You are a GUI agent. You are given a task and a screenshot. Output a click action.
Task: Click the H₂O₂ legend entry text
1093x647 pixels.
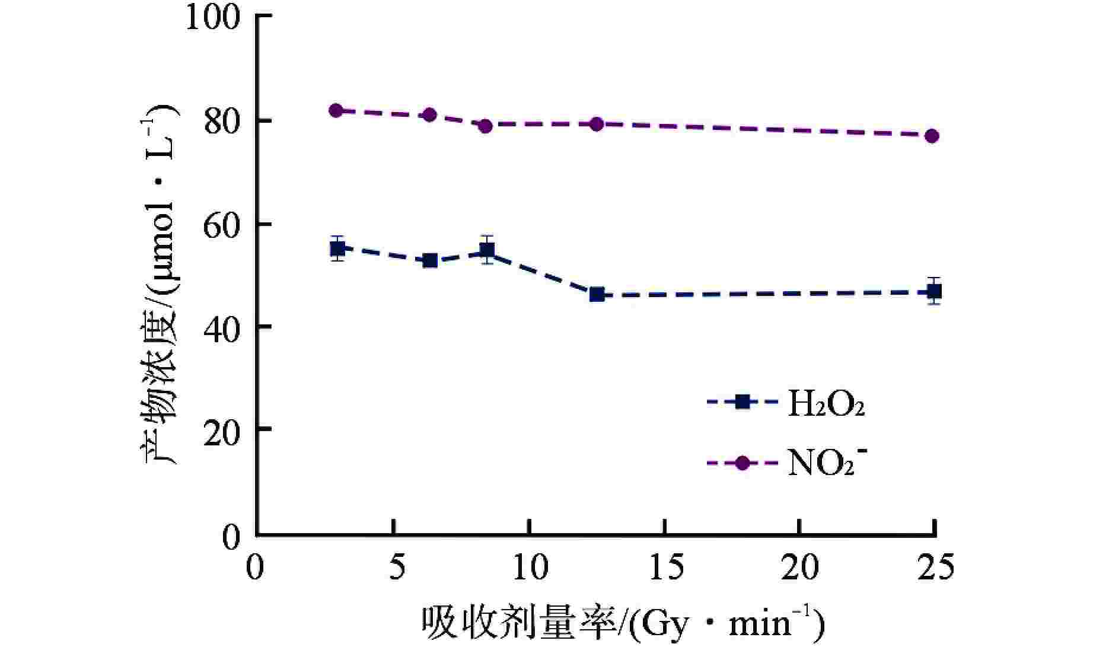point(825,404)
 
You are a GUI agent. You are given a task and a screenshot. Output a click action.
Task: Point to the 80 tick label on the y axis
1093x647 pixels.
point(222,122)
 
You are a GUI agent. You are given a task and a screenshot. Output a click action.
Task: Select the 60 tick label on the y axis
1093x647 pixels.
point(222,225)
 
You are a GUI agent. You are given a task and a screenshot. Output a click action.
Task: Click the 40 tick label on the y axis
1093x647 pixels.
point(222,327)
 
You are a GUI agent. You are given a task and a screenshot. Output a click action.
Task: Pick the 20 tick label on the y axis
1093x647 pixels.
point(222,429)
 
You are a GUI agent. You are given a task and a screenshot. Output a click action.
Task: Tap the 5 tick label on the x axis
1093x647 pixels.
point(393,568)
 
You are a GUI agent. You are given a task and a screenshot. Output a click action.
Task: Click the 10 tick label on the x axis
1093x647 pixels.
point(529,568)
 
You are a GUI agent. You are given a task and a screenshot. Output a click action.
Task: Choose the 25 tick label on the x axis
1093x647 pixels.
point(935,568)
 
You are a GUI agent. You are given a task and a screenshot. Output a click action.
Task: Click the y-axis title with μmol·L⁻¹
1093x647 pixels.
point(159,285)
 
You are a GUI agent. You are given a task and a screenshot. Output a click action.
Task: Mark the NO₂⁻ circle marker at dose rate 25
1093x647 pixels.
point(932,136)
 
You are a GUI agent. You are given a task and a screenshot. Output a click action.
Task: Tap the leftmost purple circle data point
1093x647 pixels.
point(336,110)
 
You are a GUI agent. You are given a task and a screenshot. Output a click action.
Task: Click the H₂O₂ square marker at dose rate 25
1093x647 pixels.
point(934,292)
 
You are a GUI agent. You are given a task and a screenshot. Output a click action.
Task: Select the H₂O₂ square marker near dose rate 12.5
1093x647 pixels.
point(597,294)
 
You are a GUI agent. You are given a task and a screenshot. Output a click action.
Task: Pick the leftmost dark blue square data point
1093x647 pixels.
point(337,248)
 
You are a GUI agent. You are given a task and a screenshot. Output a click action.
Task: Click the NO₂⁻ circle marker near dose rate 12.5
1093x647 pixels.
point(597,124)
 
